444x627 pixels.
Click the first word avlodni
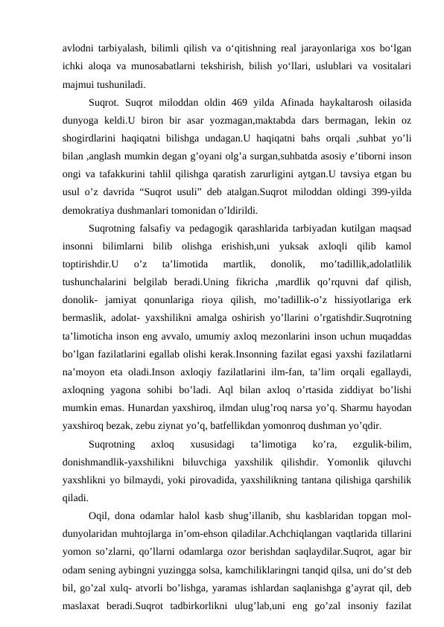(x=78, y=48)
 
